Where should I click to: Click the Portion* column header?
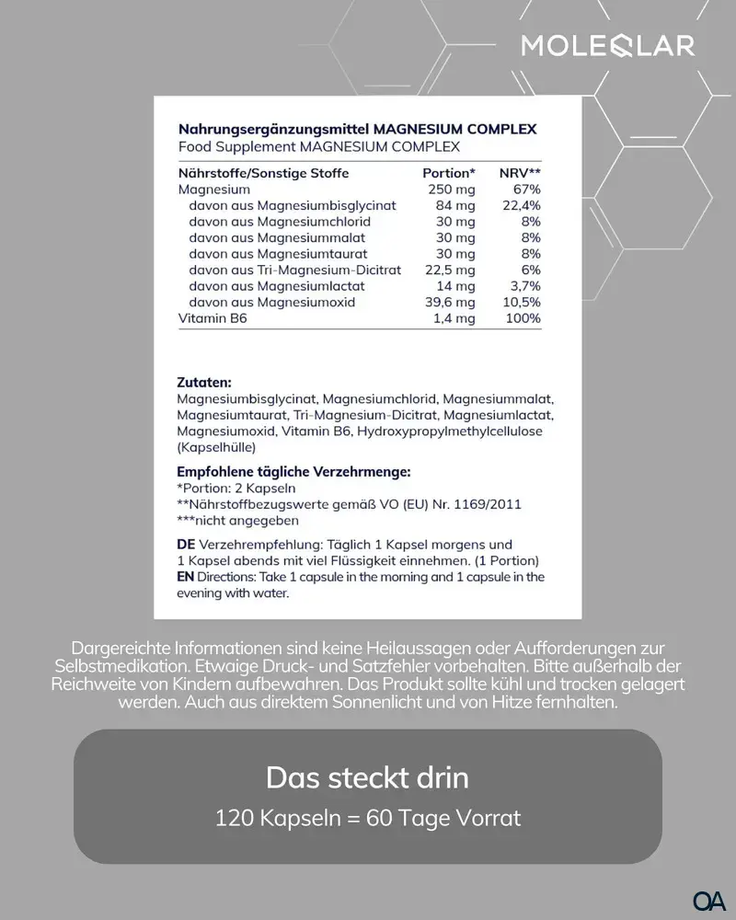pyautogui.click(x=449, y=173)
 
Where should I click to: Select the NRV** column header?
pyautogui.click(x=520, y=173)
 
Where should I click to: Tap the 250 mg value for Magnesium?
pyautogui.click(x=452, y=190)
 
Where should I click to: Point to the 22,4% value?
pyautogui.click(x=522, y=205)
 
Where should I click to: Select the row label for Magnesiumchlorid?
pyautogui.click(x=280, y=222)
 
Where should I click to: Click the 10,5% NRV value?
pyautogui.click(x=522, y=302)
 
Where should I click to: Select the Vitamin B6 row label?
pyautogui.click(x=213, y=318)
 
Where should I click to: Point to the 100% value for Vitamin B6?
pyautogui.click(x=523, y=318)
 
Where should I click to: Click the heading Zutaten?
pyautogui.click(x=204, y=382)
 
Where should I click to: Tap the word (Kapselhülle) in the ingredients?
pyautogui.click(x=216, y=447)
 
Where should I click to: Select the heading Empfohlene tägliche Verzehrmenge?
pyautogui.click(x=293, y=472)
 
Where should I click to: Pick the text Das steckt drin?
pyautogui.click(x=367, y=777)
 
